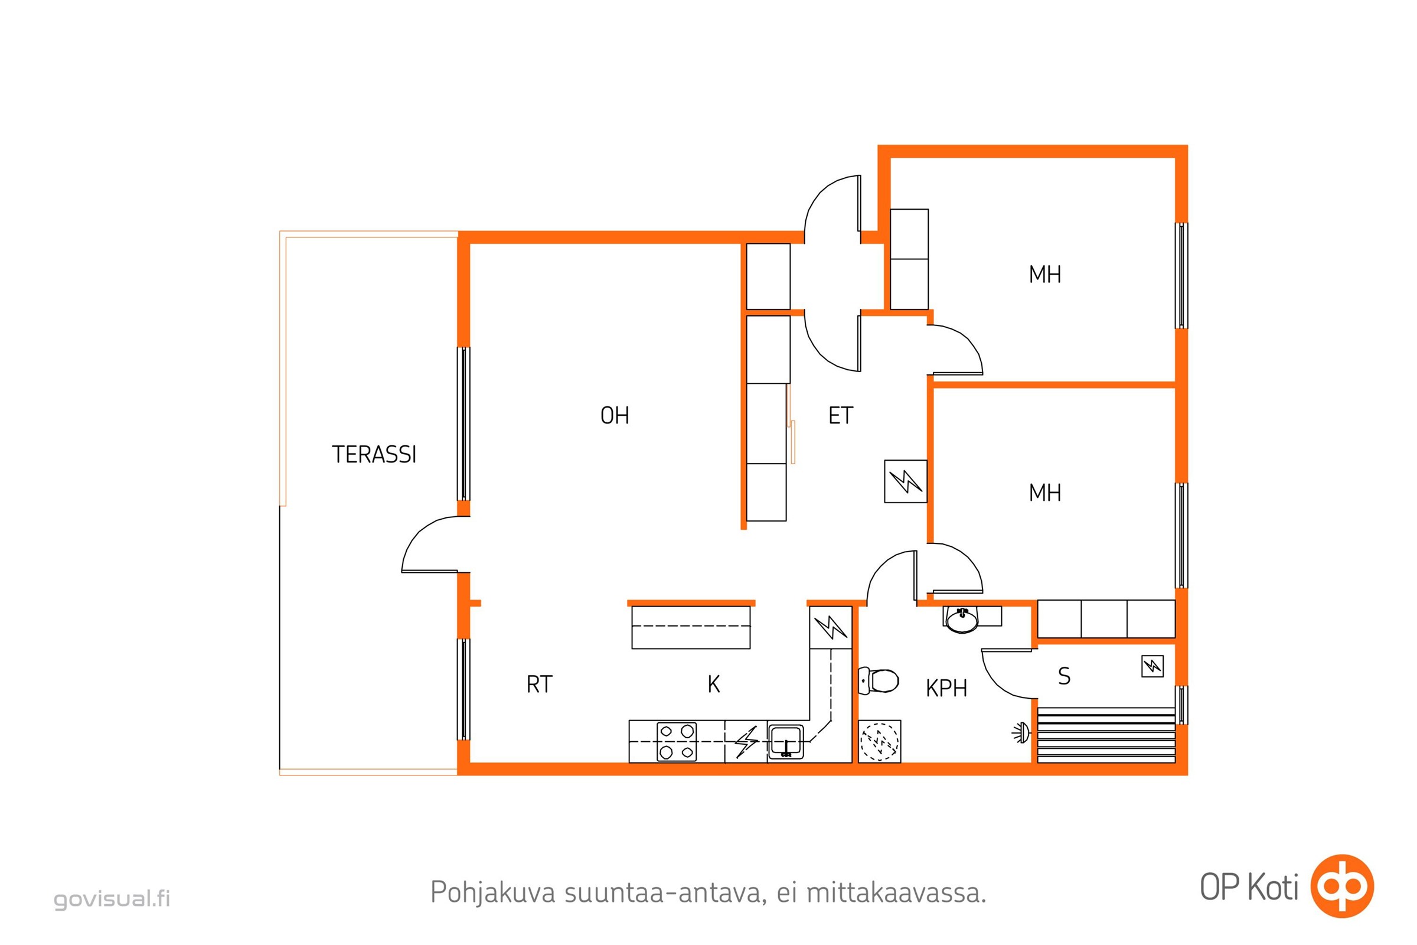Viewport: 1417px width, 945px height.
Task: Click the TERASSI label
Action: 374,454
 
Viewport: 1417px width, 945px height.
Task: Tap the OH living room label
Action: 615,415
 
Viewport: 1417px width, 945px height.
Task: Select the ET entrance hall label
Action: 840,415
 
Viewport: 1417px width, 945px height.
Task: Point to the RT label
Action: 539,685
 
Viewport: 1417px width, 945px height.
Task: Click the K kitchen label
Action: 714,684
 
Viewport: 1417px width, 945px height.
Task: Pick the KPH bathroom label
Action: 946,688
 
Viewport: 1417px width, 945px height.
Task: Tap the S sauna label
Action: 1065,676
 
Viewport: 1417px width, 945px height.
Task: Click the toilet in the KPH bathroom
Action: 879,680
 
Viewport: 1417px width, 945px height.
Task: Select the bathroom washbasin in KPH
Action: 963,620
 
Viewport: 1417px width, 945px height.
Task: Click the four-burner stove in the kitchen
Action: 677,742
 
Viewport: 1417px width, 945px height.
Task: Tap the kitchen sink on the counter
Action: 786,742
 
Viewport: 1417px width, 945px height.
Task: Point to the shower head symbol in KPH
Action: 1021,733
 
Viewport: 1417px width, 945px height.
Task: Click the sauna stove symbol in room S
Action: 1152,666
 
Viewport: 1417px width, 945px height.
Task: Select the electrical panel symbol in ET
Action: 906,481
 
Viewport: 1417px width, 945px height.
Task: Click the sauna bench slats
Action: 1106,735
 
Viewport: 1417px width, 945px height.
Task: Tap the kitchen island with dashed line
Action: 691,627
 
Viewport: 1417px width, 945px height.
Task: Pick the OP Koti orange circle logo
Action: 1342,886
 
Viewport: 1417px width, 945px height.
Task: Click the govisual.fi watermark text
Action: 112,898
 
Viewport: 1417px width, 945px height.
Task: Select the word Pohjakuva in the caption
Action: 493,892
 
